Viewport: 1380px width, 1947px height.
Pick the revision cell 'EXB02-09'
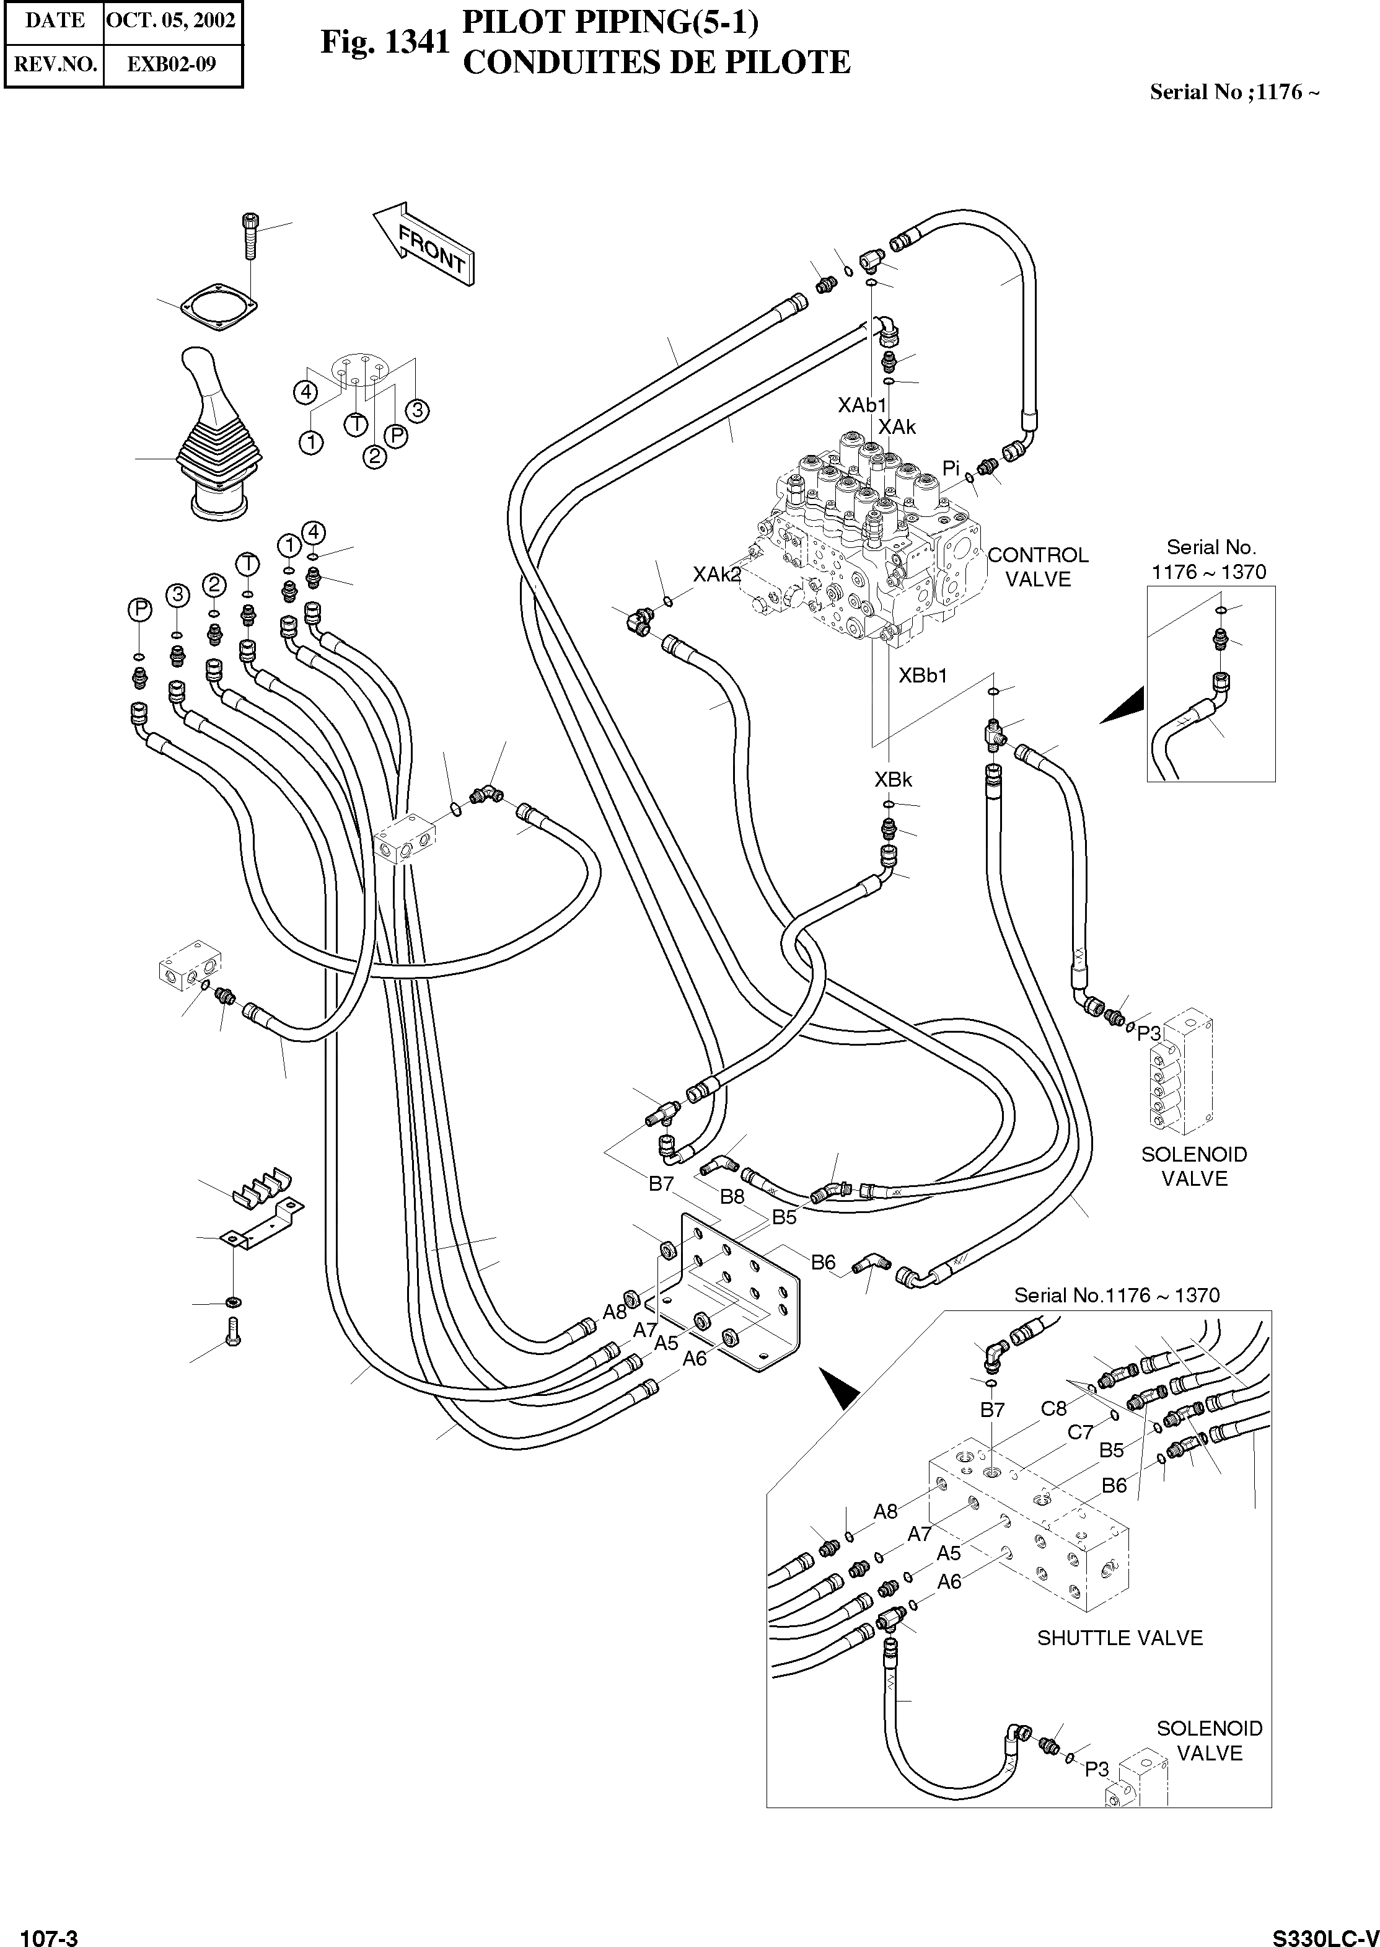tap(172, 64)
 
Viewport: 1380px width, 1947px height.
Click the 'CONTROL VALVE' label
tap(1037, 567)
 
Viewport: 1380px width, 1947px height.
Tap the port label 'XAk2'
tap(716, 575)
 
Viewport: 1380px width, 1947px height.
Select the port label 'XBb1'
tap(923, 676)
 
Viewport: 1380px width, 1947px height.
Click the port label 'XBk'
tap(893, 779)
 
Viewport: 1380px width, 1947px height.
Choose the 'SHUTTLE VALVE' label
tap(1119, 1638)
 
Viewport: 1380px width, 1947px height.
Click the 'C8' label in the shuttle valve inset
tap(1053, 1408)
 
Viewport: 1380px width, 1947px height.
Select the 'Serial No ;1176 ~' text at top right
tap(1234, 92)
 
